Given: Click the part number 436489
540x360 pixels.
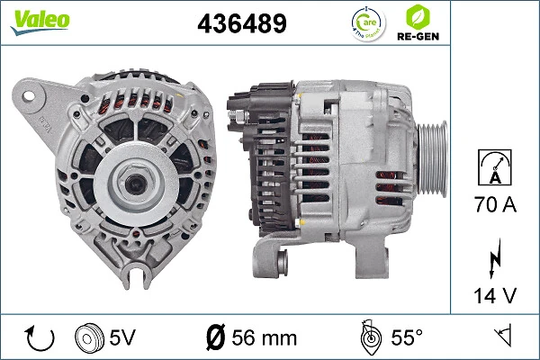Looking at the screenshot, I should tap(241, 24).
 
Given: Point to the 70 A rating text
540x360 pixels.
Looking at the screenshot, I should tap(495, 206).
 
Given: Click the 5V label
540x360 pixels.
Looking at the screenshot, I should tap(122, 338).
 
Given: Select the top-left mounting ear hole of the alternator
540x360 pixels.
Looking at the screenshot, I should tap(31, 93).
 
